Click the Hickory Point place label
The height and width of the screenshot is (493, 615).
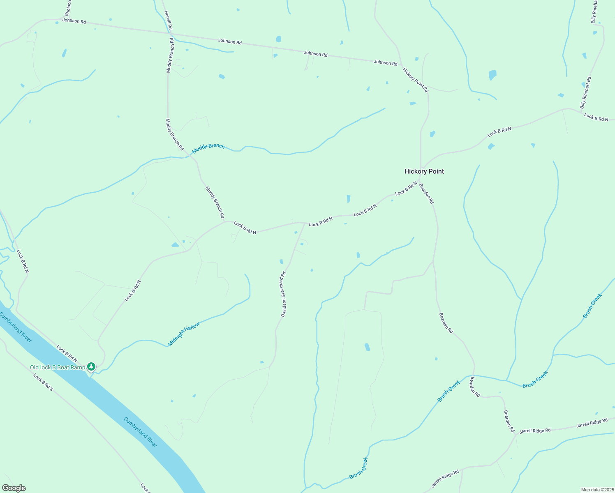(424, 171)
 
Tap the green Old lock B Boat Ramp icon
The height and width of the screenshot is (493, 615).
(91, 366)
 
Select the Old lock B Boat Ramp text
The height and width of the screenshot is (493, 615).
(57, 367)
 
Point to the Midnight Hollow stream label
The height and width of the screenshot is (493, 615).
(184, 334)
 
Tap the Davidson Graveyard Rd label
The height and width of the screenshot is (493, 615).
(283, 294)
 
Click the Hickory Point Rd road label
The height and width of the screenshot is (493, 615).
(415, 80)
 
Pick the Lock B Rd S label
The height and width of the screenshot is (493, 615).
(43, 382)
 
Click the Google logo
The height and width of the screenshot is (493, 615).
(14, 488)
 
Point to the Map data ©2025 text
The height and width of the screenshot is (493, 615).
(597, 490)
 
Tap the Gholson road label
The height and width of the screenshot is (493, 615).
(68, 6)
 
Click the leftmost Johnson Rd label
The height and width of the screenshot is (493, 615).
(74, 21)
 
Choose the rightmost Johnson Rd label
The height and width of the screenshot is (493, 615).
(385, 62)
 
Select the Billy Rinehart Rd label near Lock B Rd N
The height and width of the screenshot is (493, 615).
(585, 93)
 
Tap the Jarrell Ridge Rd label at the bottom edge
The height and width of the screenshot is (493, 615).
(445, 479)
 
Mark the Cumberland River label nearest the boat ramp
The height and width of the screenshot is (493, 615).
(16, 327)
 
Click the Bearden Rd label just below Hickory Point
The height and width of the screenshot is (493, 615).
(426, 194)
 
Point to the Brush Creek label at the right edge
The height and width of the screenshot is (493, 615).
(592, 306)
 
